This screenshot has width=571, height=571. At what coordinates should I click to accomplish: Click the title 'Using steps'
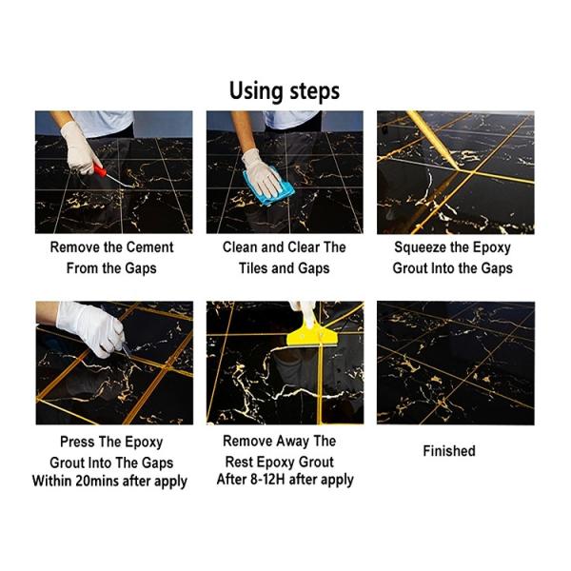click(x=285, y=91)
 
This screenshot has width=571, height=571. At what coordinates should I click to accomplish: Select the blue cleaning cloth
click(x=268, y=186)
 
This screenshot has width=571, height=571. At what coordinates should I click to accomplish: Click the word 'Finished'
click(x=449, y=451)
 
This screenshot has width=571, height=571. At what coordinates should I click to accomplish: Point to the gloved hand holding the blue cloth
click(x=262, y=173)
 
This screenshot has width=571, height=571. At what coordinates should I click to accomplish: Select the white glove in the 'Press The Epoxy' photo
click(x=91, y=327)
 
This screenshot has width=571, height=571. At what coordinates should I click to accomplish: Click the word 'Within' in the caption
click(x=51, y=481)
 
